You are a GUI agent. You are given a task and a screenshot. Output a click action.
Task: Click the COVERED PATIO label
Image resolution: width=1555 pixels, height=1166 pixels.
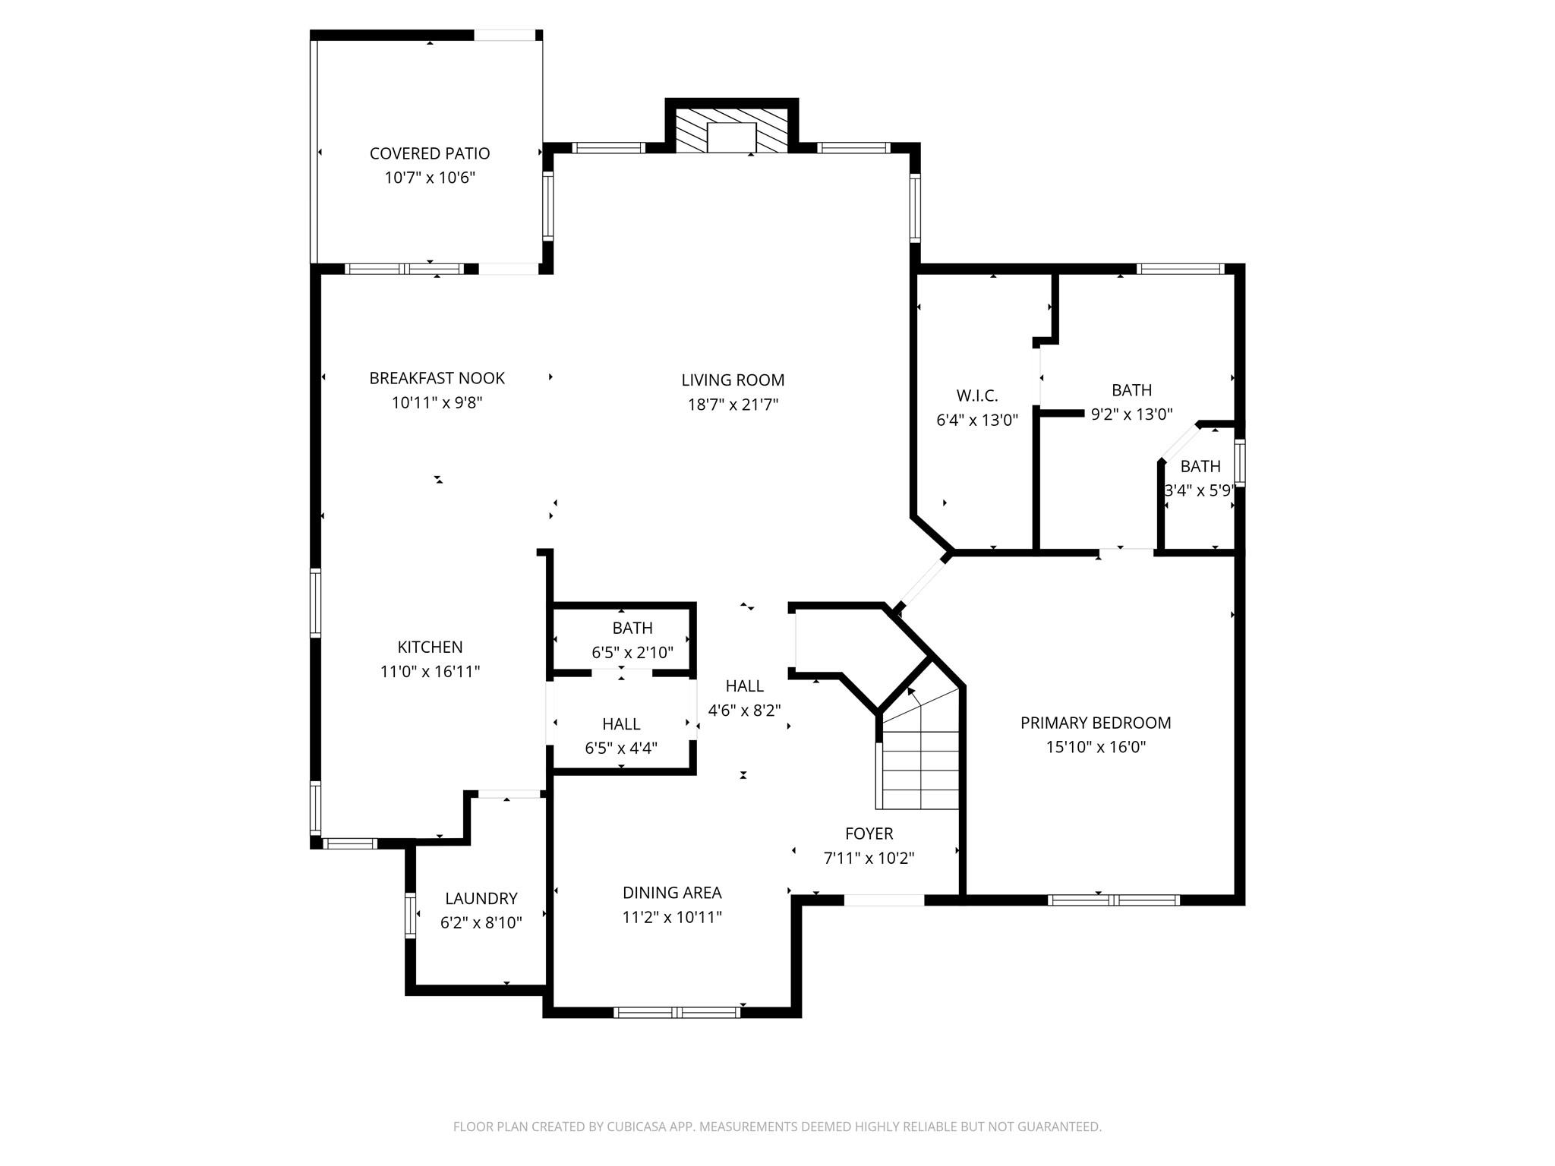[429, 153]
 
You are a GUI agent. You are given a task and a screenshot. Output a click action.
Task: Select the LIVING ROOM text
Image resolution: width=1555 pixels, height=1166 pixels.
[732, 380]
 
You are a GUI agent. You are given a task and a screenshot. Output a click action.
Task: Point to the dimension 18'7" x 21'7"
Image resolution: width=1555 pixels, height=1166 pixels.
[732, 405]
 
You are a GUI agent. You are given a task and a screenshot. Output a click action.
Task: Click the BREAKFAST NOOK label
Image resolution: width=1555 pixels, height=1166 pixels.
[437, 378]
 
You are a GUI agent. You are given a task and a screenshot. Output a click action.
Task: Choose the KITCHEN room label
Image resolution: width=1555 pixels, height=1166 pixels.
[430, 647]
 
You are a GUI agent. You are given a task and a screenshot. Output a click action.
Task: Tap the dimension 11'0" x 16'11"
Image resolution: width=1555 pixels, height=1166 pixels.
[430, 671]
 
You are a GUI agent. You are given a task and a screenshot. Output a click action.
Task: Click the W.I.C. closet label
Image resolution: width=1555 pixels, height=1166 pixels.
[976, 395]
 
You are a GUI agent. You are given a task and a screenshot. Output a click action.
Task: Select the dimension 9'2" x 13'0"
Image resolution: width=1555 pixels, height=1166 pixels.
[1131, 414]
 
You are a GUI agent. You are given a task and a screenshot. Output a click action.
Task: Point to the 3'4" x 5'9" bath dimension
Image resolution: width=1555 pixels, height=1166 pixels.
[1200, 490]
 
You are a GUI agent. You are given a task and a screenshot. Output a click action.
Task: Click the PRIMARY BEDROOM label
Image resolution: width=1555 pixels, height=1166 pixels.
[1095, 723]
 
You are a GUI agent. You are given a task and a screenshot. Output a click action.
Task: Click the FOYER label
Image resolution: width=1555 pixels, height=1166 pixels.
[869, 834]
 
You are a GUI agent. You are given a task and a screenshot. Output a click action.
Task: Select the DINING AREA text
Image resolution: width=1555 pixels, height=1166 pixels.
[671, 893]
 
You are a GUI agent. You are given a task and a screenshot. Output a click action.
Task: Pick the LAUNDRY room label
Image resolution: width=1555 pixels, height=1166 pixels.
[481, 899]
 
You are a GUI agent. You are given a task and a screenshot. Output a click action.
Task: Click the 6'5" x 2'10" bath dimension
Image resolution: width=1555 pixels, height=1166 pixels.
[632, 652]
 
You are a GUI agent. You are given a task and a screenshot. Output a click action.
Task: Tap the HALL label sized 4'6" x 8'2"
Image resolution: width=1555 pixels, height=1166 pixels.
[744, 686]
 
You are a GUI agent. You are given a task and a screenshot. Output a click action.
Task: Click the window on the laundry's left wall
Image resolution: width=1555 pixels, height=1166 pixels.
[411, 915]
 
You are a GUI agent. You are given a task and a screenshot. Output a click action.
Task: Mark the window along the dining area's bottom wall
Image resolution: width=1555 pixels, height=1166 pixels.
[677, 1011]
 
